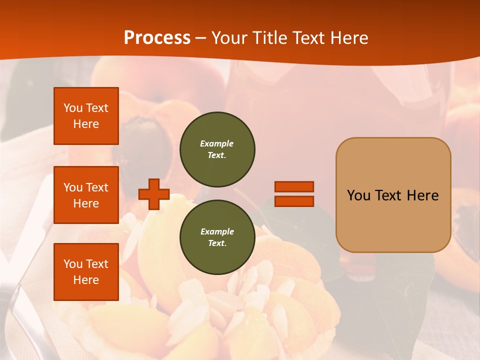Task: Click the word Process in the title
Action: [x=157, y=37]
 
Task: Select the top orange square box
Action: [x=86, y=116]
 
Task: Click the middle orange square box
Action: [x=86, y=195]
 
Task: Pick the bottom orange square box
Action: [x=86, y=271]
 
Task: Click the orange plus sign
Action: [x=153, y=194]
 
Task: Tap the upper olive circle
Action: [x=217, y=149]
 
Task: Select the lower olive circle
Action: [x=217, y=237]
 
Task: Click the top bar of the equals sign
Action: [x=294, y=186]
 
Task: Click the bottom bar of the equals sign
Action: [x=294, y=201]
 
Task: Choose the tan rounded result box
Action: [x=393, y=195]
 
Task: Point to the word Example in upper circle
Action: [x=217, y=143]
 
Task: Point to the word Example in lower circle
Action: [x=217, y=231]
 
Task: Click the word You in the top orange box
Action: [x=73, y=108]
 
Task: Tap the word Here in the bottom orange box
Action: [x=86, y=280]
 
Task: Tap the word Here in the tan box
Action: [x=422, y=195]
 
